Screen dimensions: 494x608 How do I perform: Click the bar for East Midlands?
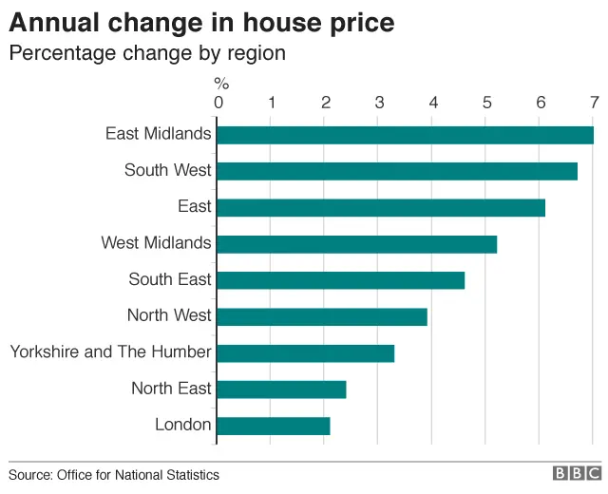point(406,135)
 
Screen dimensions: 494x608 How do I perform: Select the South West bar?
point(397,171)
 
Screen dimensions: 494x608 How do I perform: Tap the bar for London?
point(274,426)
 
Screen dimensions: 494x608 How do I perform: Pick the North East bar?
point(282,389)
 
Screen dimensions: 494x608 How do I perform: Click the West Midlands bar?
point(357,244)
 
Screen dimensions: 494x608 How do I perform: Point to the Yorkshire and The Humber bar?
point(306,352)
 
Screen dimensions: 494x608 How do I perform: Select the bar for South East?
point(341,280)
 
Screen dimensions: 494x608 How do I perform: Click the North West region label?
point(169,315)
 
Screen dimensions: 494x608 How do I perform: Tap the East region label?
point(194,206)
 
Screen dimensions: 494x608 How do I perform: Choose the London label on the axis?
point(182,425)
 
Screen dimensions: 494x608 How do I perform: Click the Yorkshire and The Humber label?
point(110,352)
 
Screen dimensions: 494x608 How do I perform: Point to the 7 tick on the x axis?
point(594,103)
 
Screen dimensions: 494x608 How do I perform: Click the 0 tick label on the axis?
point(218,103)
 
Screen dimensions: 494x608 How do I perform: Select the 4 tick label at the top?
point(433,103)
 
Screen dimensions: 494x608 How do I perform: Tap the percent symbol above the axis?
point(220,84)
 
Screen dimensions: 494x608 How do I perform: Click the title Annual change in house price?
point(201,21)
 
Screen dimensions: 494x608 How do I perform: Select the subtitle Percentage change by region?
point(147,52)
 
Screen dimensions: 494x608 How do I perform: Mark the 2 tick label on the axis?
point(326,103)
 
